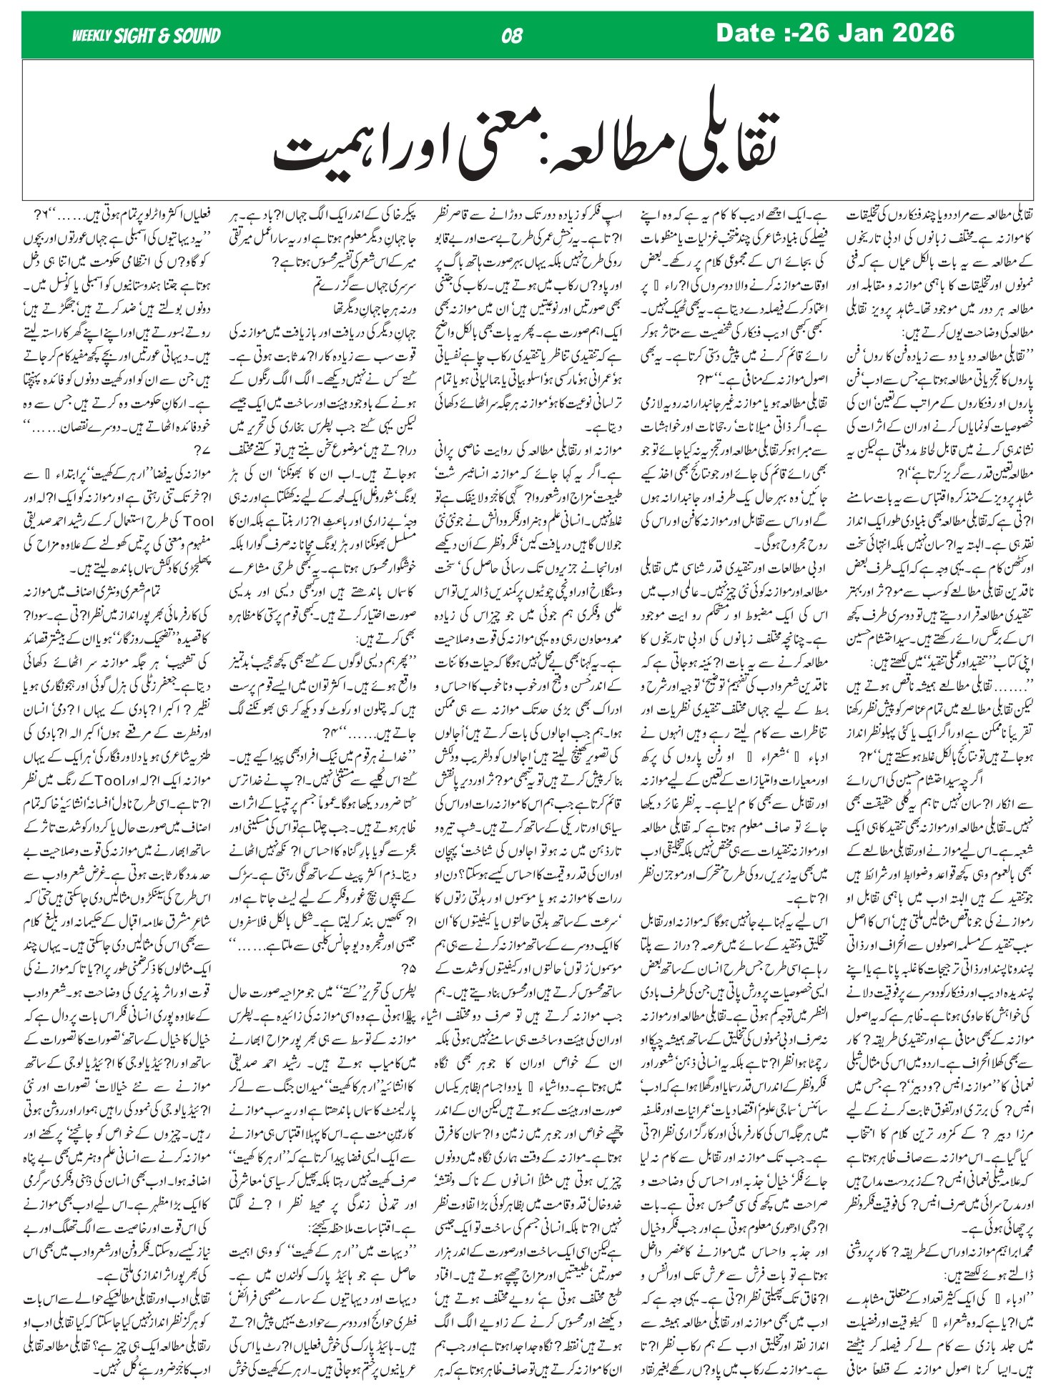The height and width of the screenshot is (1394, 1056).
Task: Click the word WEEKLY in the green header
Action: pos(91,36)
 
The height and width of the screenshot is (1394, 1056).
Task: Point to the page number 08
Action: pos(512,36)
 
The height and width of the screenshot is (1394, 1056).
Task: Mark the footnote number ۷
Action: pos(197,451)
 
